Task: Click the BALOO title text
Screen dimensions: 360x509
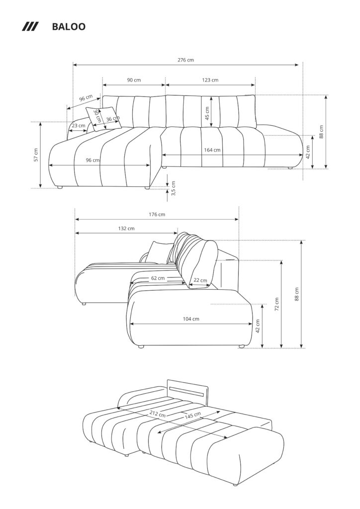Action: click(x=69, y=27)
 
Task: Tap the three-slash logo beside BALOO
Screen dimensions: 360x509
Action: click(x=30, y=27)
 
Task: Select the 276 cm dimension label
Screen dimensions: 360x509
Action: click(x=185, y=60)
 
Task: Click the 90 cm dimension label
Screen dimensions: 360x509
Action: click(x=134, y=80)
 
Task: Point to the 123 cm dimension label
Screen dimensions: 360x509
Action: click(x=210, y=80)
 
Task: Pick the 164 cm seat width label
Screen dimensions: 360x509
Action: click(x=212, y=150)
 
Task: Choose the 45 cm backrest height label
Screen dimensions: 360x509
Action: click(x=207, y=113)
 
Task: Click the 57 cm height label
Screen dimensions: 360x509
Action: click(x=36, y=155)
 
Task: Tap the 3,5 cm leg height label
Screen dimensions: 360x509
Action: click(x=173, y=188)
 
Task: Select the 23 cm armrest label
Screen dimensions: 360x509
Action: click(x=79, y=126)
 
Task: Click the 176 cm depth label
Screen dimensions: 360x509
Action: click(x=157, y=214)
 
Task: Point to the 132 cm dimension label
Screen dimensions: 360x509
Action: click(x=126, y=228)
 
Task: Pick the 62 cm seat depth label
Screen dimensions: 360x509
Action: click(x=158, y=278)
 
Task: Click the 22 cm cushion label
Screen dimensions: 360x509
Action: click(x=200, y=280)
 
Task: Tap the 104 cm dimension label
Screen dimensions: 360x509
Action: click(x=191, y=319)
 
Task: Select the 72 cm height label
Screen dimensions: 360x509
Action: click(x=277, y=305)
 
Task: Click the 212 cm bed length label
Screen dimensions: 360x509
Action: click(x=158, y=414)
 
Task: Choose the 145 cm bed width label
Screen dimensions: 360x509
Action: click(x=193, y=415)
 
